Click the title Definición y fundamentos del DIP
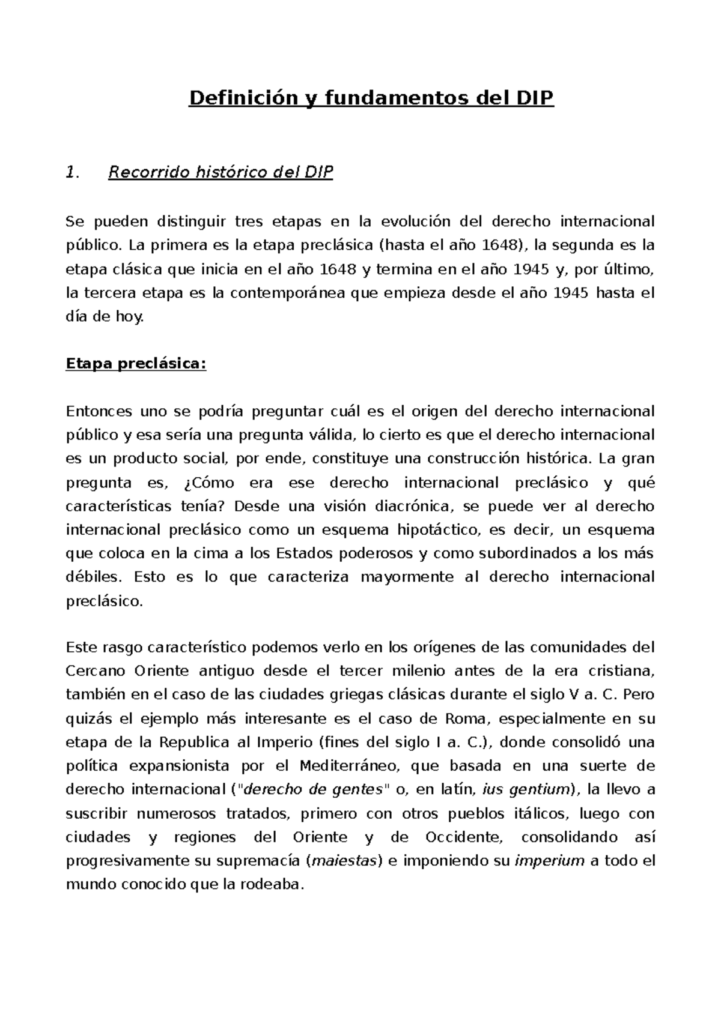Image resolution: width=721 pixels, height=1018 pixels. (371, 98)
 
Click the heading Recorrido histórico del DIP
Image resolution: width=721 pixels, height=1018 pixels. (220, 173)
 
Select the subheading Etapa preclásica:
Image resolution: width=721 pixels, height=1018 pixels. (136, 364)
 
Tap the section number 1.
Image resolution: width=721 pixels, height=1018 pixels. (71, 173)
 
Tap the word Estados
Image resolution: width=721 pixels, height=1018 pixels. (302, 553)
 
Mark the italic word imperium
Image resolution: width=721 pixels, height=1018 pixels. (550, 861)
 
